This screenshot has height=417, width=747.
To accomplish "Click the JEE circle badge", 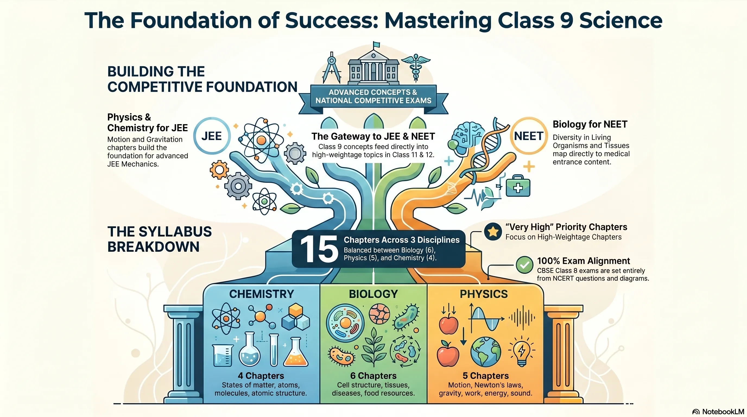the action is tap(212, 136).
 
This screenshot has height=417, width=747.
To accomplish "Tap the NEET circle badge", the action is tap(529, 136).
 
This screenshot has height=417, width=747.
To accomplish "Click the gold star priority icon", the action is tap(493, 231).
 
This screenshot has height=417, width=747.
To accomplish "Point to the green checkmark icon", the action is tap(525, 264).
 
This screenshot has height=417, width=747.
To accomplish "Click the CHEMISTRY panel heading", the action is tap(262, 294).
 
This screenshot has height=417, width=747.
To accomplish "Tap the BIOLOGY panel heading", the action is tap(373, 294).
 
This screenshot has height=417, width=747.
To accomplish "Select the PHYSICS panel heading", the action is tap(484, 294).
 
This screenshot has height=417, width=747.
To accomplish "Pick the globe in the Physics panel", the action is tap(486, 352).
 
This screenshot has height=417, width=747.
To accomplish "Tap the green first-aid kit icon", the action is tap(518, 186).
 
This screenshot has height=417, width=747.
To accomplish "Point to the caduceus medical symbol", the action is tap(416, 67).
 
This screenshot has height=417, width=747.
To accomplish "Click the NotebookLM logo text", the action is tap(723, 412).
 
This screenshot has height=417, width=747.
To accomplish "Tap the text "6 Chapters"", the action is tap(373, 375).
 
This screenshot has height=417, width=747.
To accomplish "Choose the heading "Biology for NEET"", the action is tap(590, 124).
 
